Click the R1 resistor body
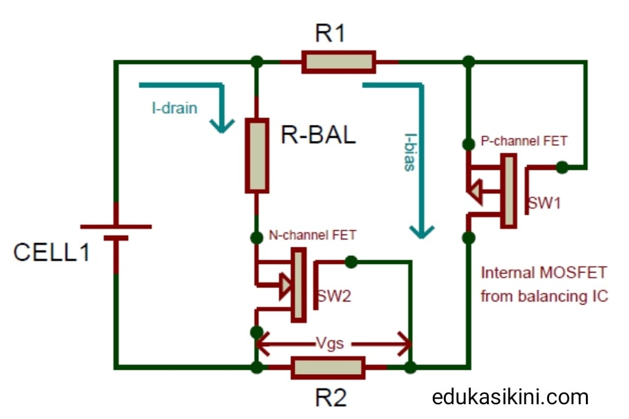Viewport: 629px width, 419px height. click(338, 62)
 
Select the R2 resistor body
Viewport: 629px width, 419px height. click(328, 367)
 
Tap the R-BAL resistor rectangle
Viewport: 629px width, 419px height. click(257, 155)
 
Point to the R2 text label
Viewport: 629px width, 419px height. click(331, 399)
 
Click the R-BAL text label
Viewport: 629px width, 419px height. click(318, 135)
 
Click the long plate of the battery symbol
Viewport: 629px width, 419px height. click(116, 226)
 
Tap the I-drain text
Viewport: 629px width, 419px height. click(175, 109)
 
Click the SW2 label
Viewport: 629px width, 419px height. click(333, 296)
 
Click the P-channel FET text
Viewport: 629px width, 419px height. click(523, 142)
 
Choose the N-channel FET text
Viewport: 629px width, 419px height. click(312, 234)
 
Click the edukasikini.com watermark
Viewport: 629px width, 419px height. click(510, 397)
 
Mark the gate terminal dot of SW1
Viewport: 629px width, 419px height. click(561, 167)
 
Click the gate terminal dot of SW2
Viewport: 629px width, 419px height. click(350, 262)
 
